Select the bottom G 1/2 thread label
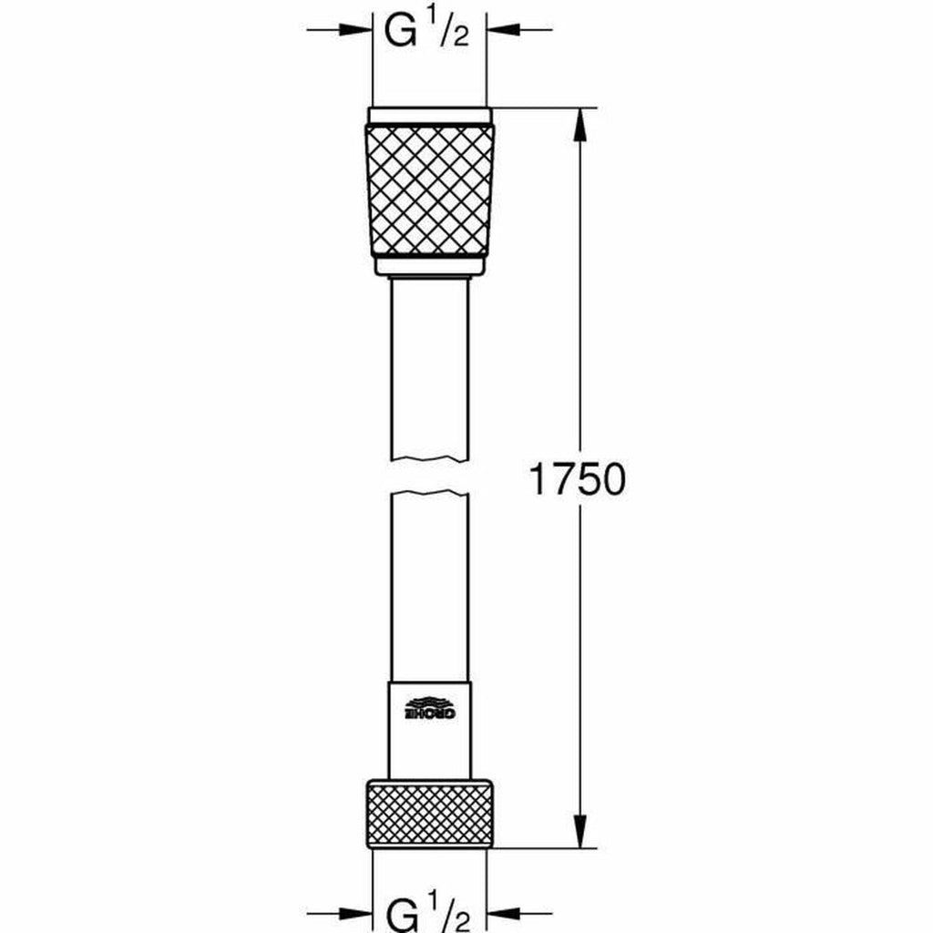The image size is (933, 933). click(428, 911)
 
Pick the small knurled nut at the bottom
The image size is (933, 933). click(429, 813)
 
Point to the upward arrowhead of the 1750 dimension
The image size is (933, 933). click(579, 123)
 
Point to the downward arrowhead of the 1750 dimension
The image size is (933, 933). click(579, 834)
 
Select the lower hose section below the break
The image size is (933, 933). click(429, 583)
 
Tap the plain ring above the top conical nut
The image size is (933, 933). click(429, 116)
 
